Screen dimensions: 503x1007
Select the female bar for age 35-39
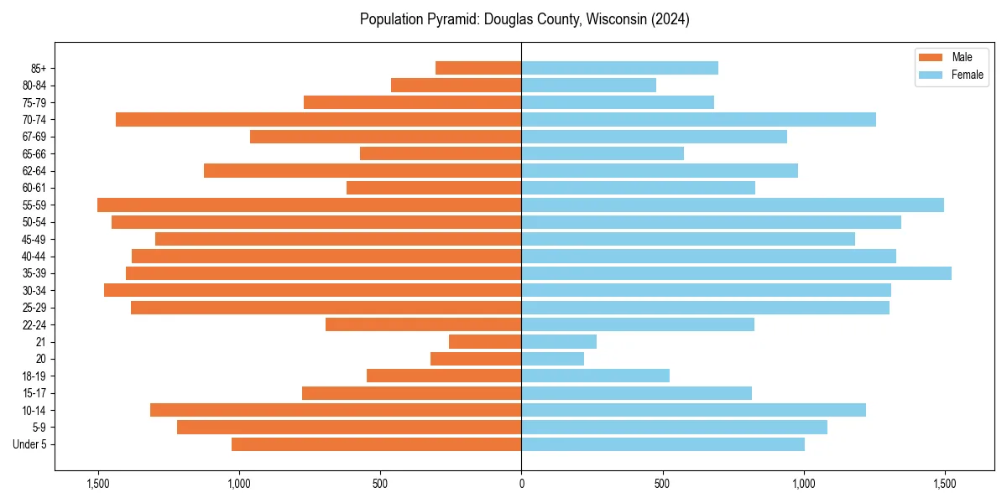pyautogui.click(x=736, y=273)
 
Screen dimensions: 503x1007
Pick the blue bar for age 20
pyautogui.click(x=552, y=359)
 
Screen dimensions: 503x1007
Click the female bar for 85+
pyautogui.click(x=619, y=68)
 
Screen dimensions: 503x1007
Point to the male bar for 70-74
pyautogui.click(x=318, y=119)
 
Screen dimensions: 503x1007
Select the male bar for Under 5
pyautogui.click(x=376, y=444)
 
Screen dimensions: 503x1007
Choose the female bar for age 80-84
pyautogui.click(x=588, y=85)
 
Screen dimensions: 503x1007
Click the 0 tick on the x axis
pyautogui.click(x=521, y=484)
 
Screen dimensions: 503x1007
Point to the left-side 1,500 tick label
pyautogui.click(x=98, y=484)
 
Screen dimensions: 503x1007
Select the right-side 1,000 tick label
pyautogui.click(x=804, y=484)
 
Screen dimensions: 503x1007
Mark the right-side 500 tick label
pyautogui.click(x=662, y=484)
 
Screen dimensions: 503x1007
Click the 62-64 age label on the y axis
pyautogui.click(x=34, y=171)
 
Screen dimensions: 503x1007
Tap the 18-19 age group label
pyautogui.click(x=34, y=376)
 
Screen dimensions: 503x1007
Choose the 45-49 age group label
pyautogui.click(x=34, y=239)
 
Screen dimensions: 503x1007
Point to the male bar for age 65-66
pyautogui.click(x=441, y=153)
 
